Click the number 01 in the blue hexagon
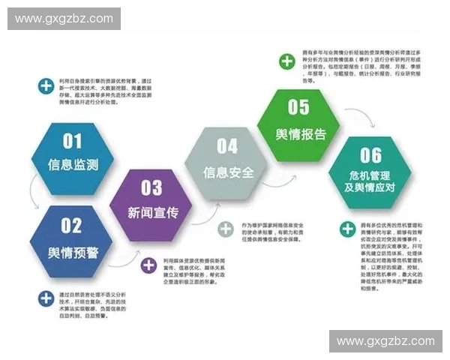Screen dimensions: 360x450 click(x=72, y=140)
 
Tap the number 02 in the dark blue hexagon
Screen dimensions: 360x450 click(x=71, y=225)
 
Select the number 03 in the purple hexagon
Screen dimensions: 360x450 click(x=151, y=187)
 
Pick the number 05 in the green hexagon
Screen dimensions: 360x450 click(x=298, y=107)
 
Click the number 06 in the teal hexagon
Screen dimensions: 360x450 click(x=370, y=155)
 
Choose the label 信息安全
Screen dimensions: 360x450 click(x=228, y=171)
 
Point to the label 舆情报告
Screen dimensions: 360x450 click(x=300, y=133)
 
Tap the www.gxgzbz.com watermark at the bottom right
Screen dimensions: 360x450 click(x=385, y=341)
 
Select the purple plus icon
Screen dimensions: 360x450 click(x=149, y=264)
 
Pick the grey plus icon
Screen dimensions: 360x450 click(x=226, y=229)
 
